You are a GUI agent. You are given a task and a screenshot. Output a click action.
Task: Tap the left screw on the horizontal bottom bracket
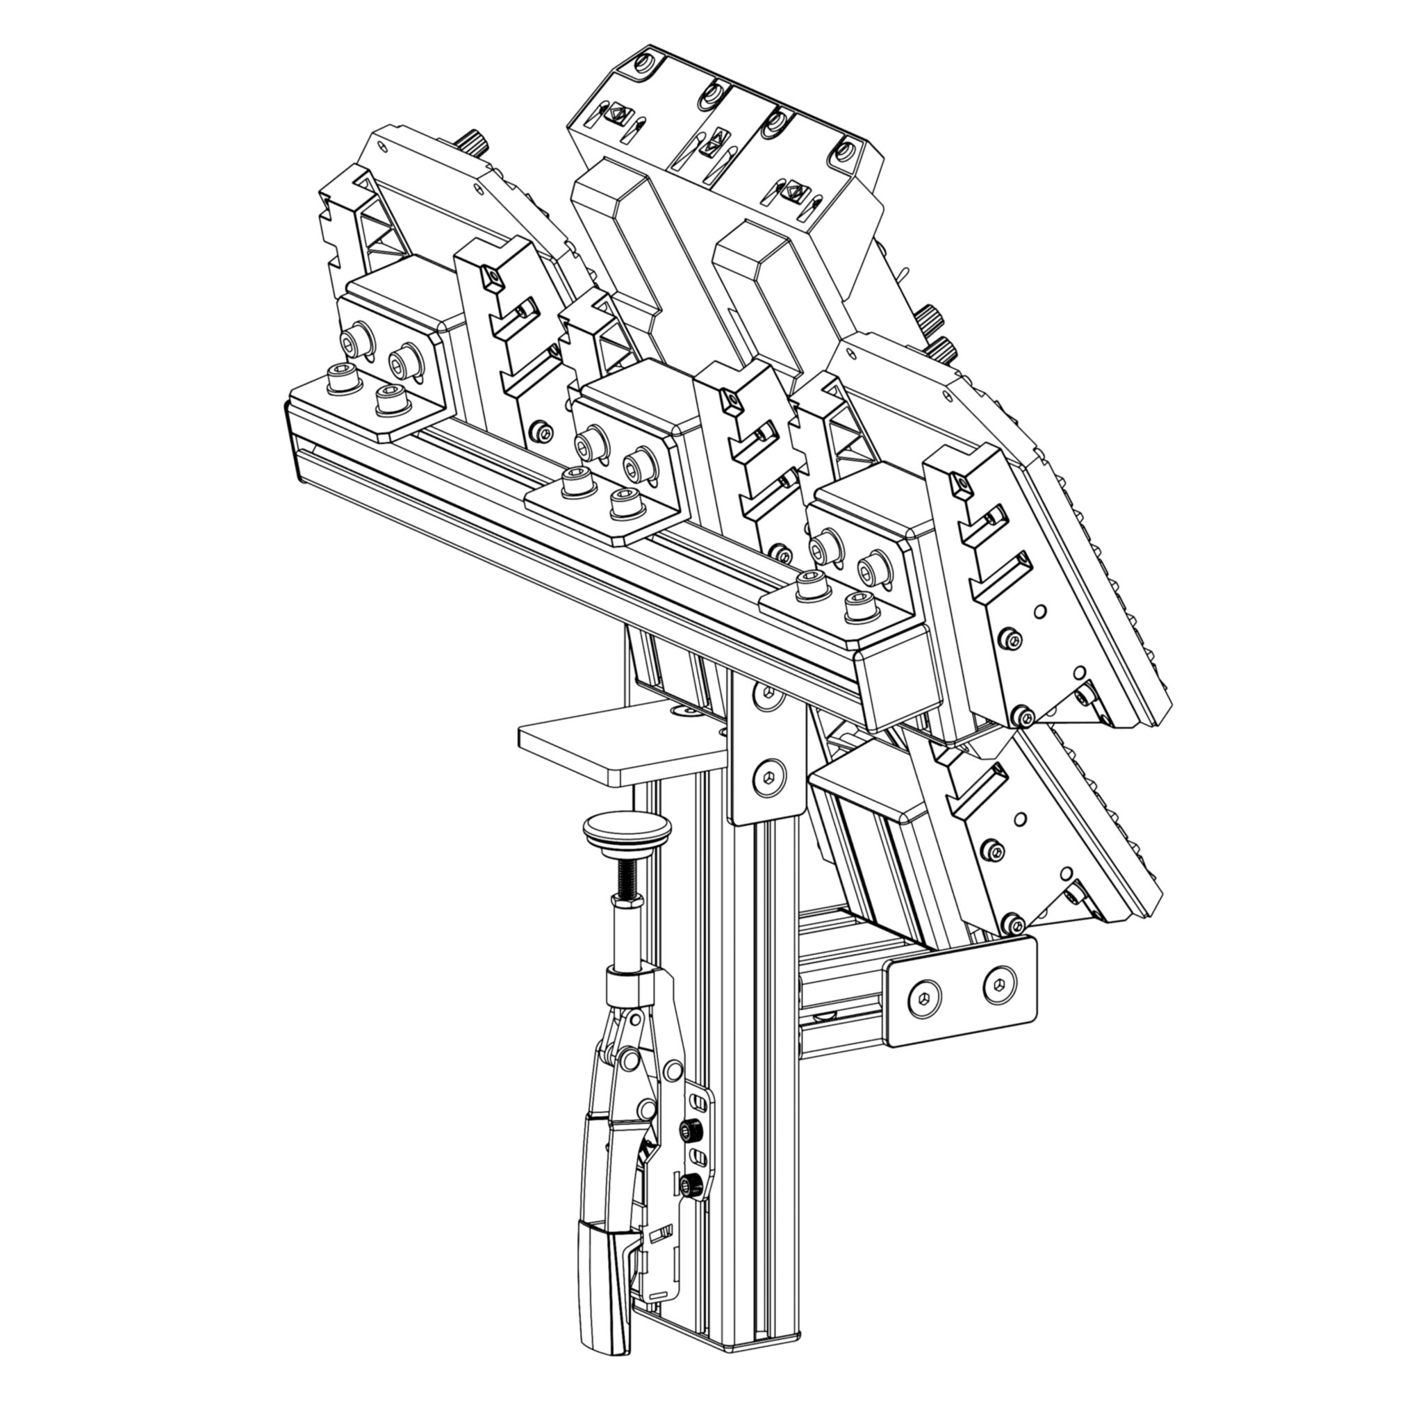point(924,998)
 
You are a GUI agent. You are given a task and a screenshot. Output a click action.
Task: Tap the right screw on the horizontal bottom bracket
point(998,984)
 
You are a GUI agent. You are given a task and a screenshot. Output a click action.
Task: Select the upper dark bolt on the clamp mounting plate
point(691,1130)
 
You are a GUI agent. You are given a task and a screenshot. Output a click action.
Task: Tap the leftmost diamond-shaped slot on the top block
point(616,115)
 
